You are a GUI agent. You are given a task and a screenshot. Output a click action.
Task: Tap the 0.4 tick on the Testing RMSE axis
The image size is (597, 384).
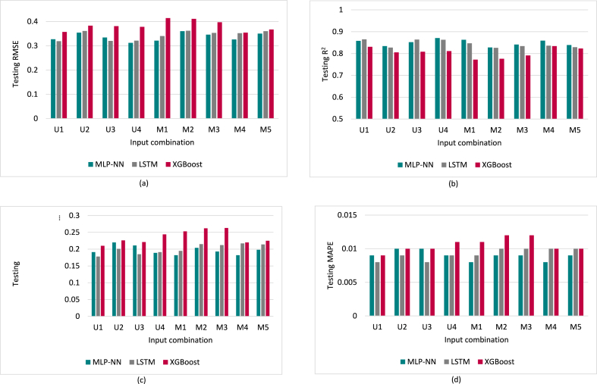(x=33, y=21)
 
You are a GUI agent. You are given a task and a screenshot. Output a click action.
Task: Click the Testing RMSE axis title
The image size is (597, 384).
(x=14, y=70)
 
